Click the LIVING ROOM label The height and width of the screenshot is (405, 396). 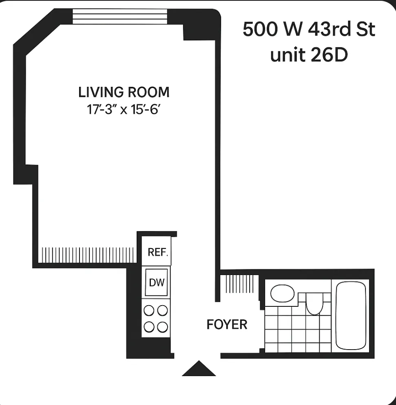124,92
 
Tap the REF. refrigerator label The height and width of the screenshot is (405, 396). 157,252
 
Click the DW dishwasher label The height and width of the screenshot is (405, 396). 157,282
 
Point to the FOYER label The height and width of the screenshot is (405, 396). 227,325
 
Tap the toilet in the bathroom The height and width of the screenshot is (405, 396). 314,304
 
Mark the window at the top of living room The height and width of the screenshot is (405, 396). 120,17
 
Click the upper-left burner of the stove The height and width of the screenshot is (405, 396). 150,311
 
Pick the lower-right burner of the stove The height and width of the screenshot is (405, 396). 163,327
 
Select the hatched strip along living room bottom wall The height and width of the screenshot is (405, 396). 88,255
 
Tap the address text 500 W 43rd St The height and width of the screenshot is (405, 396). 309,30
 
